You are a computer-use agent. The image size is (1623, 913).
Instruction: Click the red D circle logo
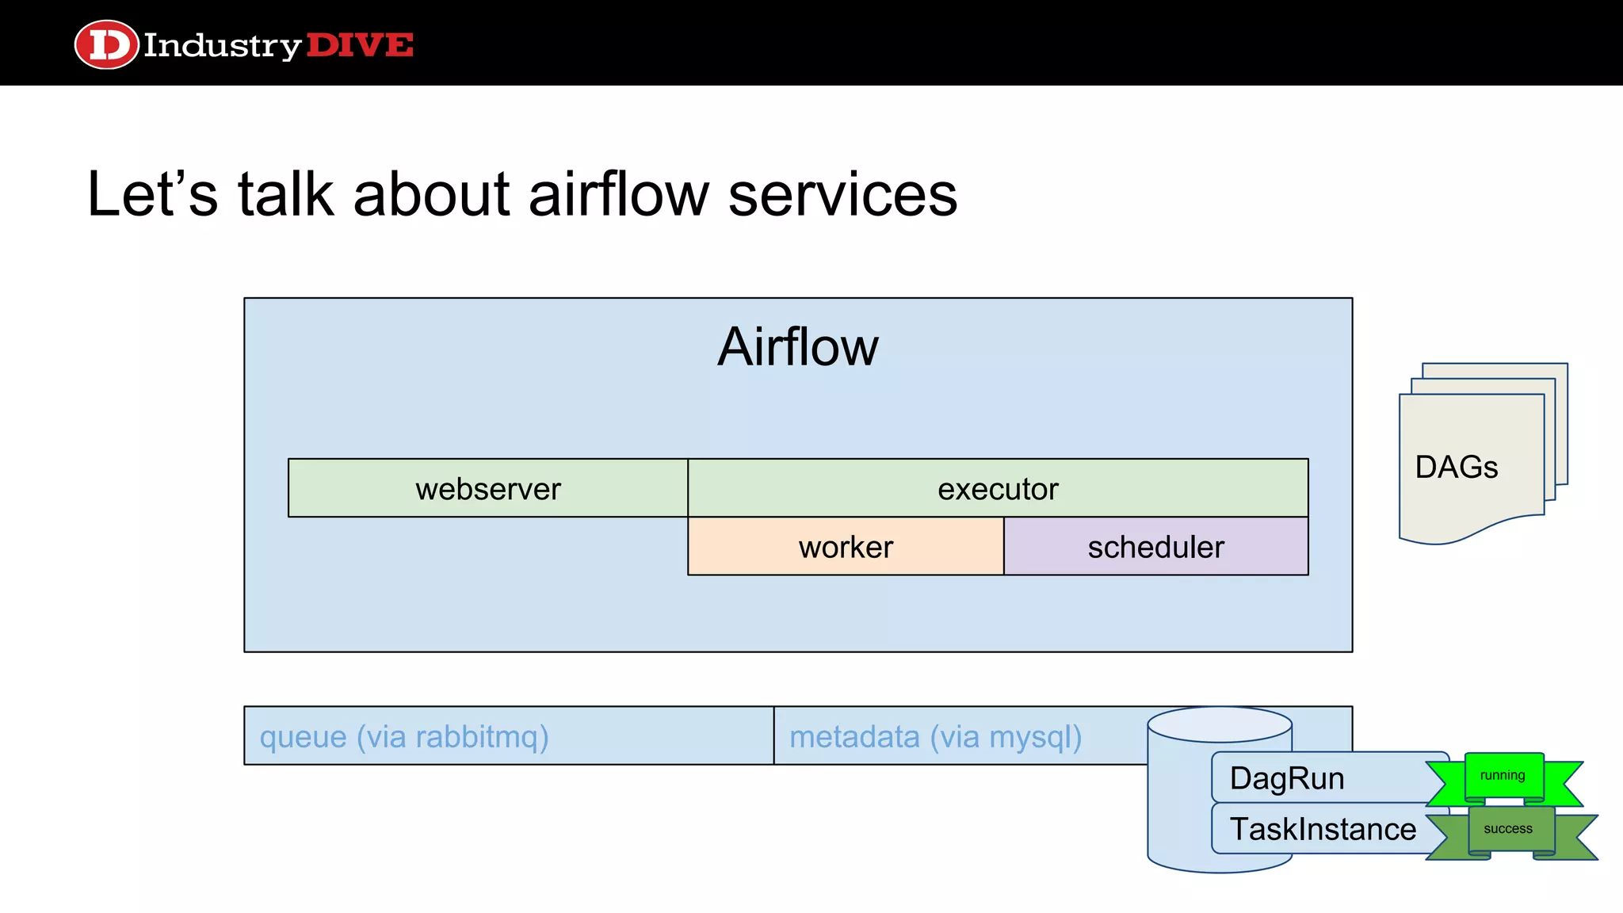coord(107,44)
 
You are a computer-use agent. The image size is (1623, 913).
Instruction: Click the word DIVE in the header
coord(360,45)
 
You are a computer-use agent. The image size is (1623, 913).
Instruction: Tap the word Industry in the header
coord(222,46)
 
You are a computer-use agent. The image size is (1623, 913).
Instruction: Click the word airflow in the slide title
coord(618,194)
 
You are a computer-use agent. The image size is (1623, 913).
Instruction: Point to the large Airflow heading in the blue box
coord(797,347)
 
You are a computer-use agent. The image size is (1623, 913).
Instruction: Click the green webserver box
coord(487,488)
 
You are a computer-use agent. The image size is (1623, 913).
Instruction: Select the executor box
coord(997,488)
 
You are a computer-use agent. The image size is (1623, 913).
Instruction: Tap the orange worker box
coord(846,547)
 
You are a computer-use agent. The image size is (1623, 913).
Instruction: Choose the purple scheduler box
coord(1155,547)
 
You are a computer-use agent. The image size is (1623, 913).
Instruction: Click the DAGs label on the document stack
coord(1456,467)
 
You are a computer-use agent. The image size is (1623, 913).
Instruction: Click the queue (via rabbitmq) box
coord(507,736)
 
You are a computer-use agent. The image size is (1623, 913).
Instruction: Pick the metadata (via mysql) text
coord(935,736)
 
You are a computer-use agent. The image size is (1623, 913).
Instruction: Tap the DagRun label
coord(1287,778)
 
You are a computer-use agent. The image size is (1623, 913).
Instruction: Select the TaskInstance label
coord(1323,829)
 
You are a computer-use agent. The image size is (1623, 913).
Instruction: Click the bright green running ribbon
coord(1503,776)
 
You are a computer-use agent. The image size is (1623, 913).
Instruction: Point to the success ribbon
coord(1508,829)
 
